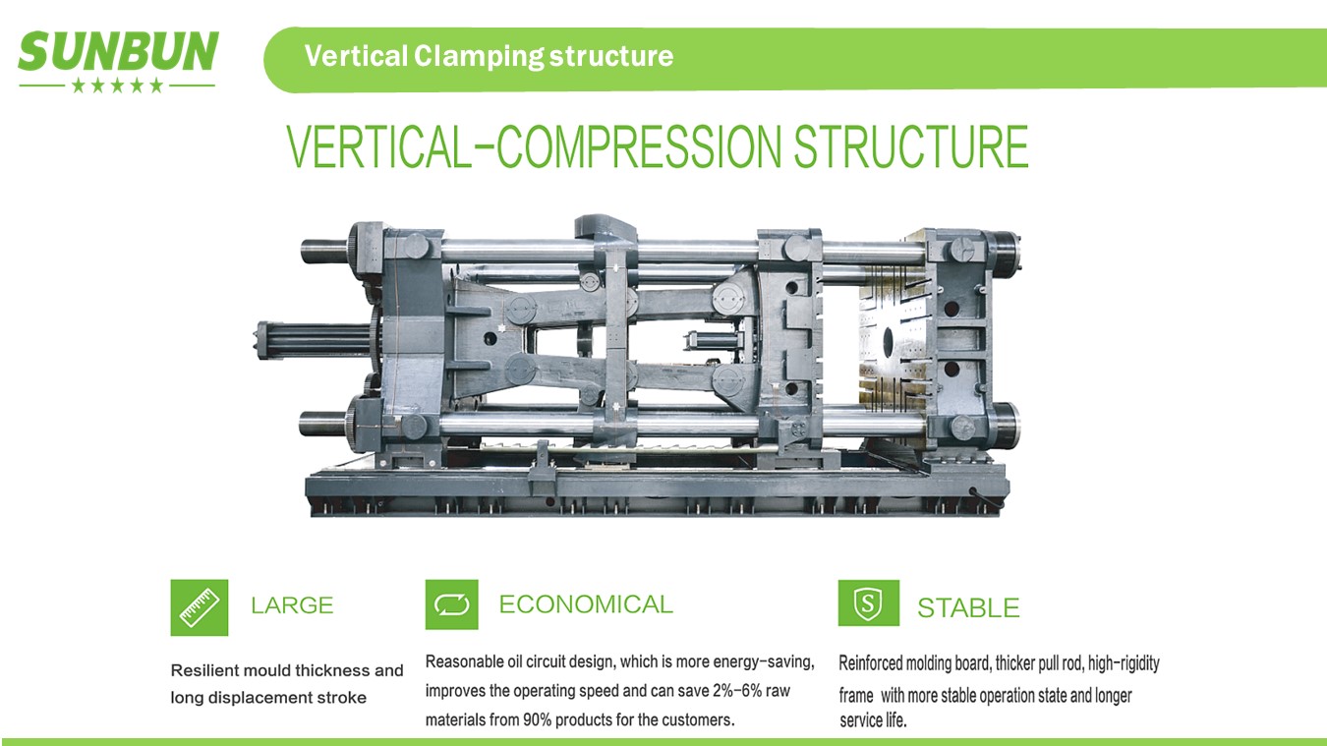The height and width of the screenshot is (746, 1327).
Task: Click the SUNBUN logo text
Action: click(119, 51)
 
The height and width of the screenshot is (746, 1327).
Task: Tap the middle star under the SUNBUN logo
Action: click(118, 86)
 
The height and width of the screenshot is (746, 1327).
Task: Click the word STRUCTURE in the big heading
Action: click(911, 146)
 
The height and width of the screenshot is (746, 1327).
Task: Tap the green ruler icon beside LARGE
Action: click(199, 607)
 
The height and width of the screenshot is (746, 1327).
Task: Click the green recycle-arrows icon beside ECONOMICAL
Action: click(451, 604)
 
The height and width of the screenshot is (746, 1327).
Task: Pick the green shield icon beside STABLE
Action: click(869, 603)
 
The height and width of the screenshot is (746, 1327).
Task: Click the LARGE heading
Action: click(292, 605)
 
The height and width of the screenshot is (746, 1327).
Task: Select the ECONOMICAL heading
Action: click(586, 604)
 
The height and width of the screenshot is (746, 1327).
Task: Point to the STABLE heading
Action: click(968, 608)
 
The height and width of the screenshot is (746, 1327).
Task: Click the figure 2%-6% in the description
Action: click(737, 691)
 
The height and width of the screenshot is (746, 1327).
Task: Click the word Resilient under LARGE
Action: click(205, 670)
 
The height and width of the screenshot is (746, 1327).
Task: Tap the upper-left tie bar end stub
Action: click(324, 251)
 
